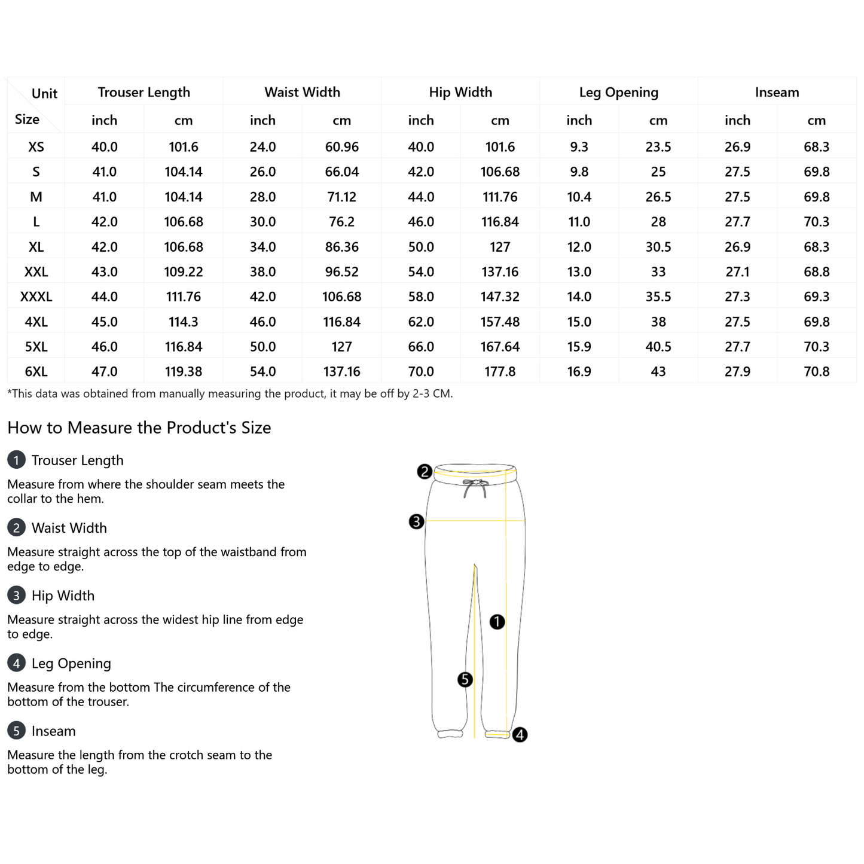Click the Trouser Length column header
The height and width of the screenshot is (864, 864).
tap(144, 92)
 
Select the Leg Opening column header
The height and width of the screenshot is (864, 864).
tap(618, 92)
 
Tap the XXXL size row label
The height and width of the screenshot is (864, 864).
tap(36, 297)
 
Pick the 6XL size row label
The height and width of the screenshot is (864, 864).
tap(36, 371)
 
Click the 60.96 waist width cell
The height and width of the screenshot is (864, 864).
tap(341, 147)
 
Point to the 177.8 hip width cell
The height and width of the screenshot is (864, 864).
tap(500, 371)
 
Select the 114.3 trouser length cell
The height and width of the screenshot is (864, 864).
tap(183, 322)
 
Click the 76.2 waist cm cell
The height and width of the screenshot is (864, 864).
tap(341, 222)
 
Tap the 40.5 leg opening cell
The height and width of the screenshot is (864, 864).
tap(658, 347)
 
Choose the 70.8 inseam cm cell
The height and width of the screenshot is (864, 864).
tap(816, 371)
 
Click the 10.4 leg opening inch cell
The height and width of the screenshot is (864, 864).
tap(579, 197)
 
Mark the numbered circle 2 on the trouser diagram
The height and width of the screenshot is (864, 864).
tap(425, 472)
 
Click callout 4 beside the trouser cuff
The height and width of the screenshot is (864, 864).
tap(520, 734)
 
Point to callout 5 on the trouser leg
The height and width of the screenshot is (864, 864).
tap(465, 679)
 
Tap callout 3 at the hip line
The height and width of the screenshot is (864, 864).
tap(416, 521)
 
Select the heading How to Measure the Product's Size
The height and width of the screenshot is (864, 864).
tap(139, 428)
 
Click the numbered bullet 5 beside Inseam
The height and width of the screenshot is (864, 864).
tap(16, 731)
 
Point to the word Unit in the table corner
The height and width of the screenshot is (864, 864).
tap(44, 93)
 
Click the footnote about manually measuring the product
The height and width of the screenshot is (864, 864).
tap(230, 393)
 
